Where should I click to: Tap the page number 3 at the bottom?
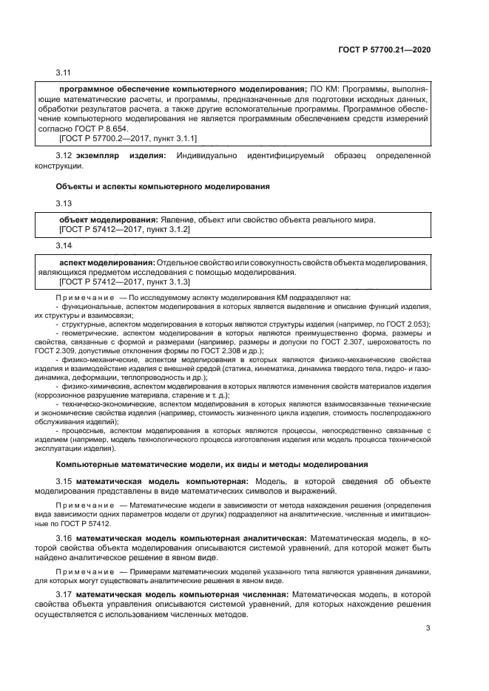(x=428, y=628)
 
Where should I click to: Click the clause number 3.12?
(x=64, y=154)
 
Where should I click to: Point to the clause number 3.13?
(x=64, y=202)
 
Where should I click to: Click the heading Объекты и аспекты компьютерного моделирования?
(x=163, y=186)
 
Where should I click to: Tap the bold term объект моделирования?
(x=108, y=219)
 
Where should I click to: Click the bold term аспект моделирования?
(x=107, y=262)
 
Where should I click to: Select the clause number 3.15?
(x=64, y=481)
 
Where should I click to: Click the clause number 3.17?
(x=64, y=595)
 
